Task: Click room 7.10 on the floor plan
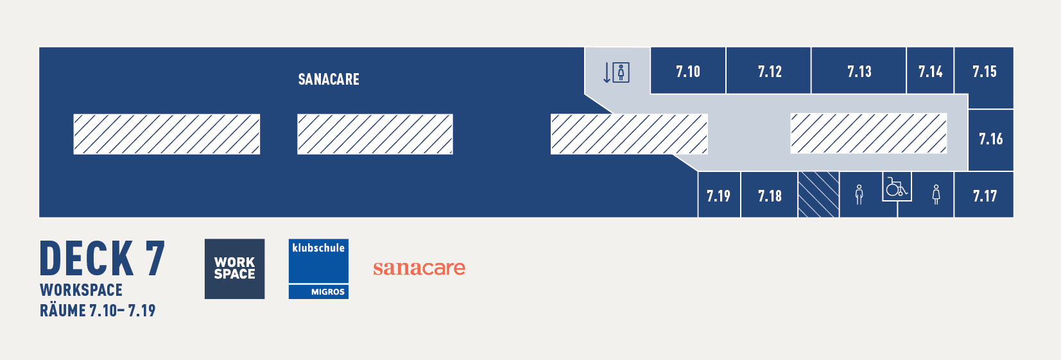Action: [687, 71]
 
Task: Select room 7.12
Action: [769, 71]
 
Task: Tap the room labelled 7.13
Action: [859, 71]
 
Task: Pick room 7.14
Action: [930, 71]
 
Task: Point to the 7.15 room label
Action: [984, 71]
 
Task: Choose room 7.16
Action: [991, 140]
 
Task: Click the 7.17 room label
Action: [985, 196]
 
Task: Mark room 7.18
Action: [769, 194]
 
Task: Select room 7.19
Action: [719, 194]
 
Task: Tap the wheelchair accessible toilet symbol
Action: [897, 187]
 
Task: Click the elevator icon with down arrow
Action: [616, 73]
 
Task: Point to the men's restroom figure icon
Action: [859, 194]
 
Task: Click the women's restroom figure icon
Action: [936, 194]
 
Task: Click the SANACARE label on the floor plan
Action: [329, 79]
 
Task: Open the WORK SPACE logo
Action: [234, 269]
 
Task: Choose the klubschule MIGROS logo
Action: [319, 269]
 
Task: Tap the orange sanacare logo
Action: [419, 268]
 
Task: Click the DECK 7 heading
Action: [102, 258]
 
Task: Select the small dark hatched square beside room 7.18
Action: [818, 194]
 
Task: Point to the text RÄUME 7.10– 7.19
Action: [98, 311]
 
